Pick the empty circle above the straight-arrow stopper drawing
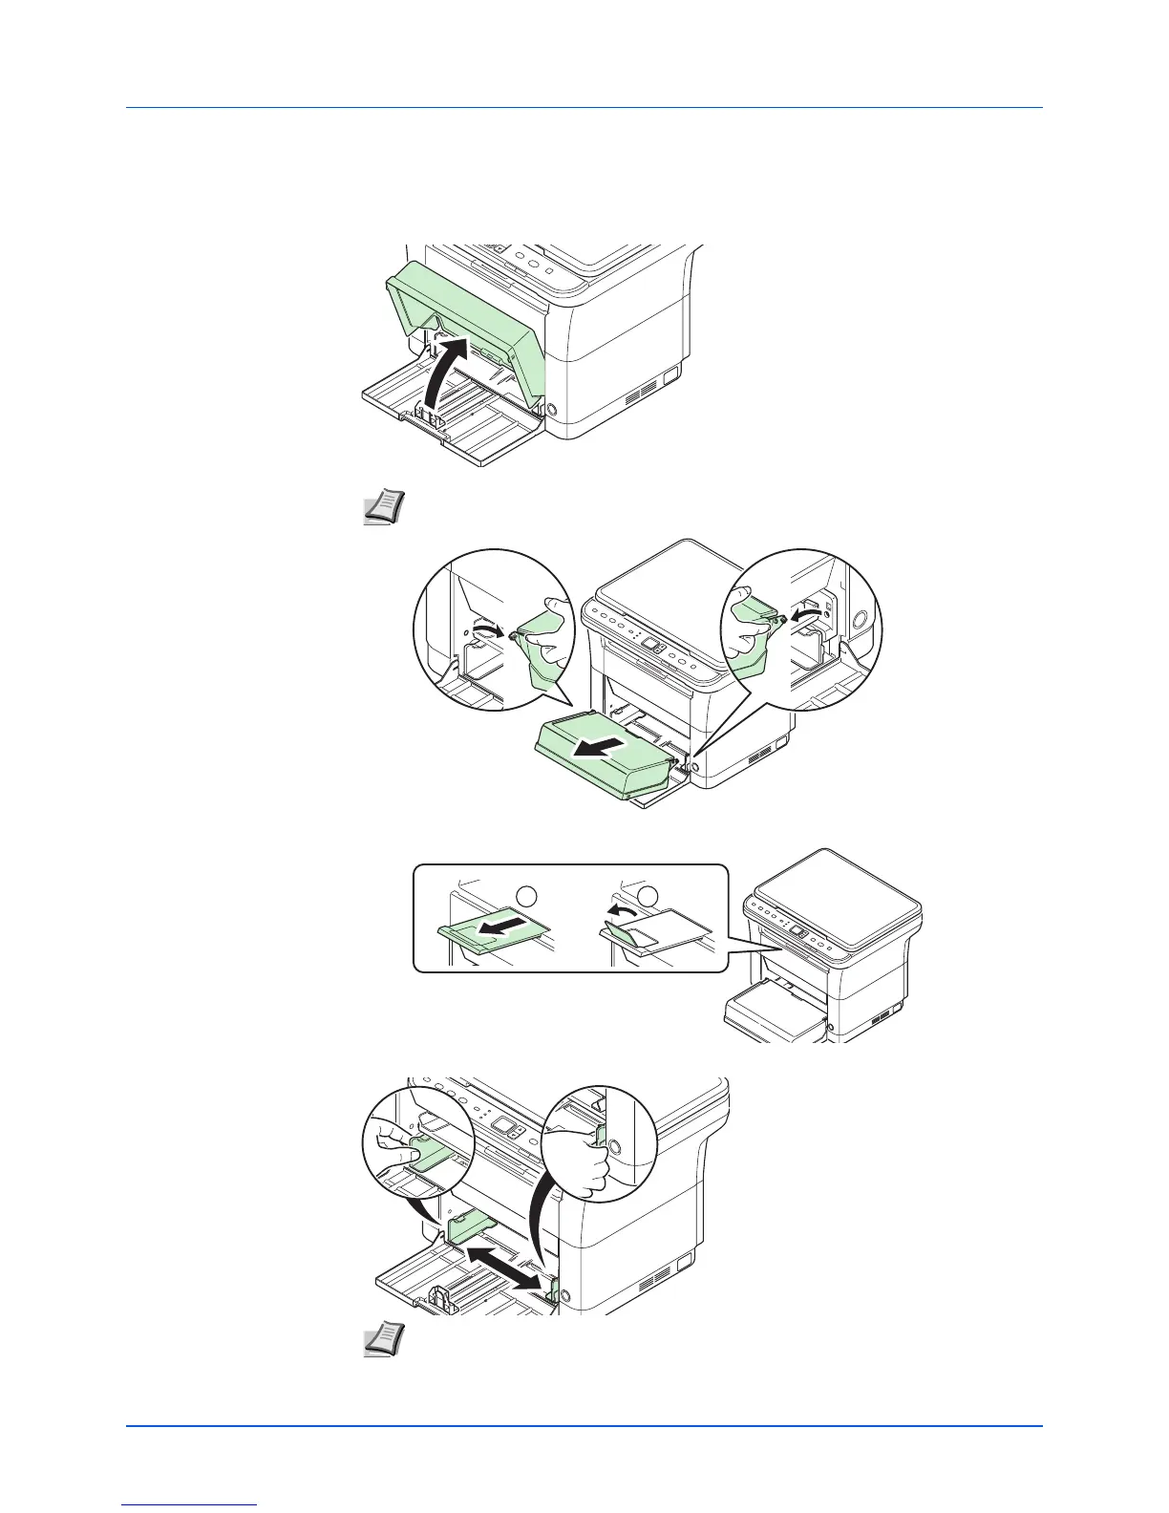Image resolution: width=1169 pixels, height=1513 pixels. click(x=526, y=895)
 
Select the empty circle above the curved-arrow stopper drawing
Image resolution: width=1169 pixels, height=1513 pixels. click(x=648, y=895)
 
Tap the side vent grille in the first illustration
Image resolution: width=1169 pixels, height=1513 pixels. click(x=642, y=391)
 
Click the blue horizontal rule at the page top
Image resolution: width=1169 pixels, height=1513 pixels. click(x=584, y=108)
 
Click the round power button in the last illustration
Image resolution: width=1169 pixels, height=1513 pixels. click(x=564, y=1297)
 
